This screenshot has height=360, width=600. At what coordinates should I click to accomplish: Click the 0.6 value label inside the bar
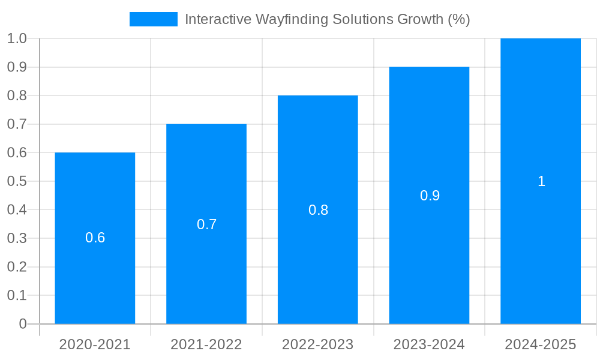[95, 238]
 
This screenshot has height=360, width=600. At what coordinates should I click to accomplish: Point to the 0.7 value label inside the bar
[206, 224]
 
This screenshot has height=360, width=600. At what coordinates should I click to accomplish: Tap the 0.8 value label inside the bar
[318, 210]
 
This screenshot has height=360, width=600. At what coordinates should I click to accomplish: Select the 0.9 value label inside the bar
[430, 196]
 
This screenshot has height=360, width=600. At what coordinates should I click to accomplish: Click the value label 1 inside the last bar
[541, 181]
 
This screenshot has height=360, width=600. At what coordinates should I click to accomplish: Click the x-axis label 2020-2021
[95, 344]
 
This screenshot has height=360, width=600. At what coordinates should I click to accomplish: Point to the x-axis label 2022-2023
[318, 344]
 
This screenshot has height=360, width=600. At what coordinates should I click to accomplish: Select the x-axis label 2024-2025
[541, 344]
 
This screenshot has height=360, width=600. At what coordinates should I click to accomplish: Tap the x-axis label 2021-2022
[206, 344]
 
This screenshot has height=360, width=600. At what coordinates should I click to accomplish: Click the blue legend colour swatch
[154, 19]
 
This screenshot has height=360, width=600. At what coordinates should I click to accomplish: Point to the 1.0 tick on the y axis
[17, 38]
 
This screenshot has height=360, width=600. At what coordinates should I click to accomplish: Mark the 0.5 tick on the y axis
[17, 181]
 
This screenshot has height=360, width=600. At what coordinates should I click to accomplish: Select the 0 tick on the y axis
[23, 324]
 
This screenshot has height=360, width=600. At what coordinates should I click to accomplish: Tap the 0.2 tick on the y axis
[17, 267]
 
